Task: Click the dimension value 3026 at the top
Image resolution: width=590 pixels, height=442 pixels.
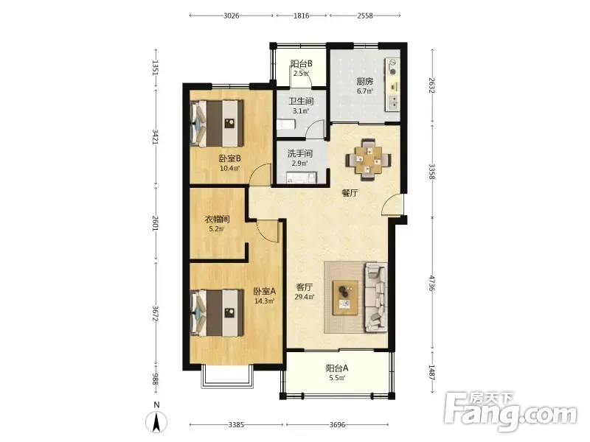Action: point(232,15)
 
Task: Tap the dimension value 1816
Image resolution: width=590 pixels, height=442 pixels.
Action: point(302,15)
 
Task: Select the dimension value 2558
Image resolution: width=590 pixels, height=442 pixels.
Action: point(365,15)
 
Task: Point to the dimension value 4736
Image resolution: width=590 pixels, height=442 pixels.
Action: point(431,283)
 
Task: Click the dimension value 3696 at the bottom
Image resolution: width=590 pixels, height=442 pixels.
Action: point(337,425)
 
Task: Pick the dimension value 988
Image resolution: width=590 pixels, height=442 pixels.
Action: point(155,379)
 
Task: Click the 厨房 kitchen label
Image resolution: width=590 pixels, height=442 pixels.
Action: point(364,81)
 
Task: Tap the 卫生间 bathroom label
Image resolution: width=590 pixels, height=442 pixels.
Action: point(301,102)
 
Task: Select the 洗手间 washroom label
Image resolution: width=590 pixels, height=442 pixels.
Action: point(300,154)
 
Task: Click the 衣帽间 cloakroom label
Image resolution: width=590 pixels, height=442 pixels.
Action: point(217,219)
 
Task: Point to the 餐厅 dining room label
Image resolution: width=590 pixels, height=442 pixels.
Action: point(350,193)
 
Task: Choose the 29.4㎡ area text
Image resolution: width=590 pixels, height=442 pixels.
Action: point(305,297)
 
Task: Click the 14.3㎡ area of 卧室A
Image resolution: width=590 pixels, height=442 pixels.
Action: point(265,301)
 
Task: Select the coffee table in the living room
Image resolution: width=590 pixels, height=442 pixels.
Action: point(345,298)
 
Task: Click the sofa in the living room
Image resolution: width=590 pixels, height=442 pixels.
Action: point(375,297)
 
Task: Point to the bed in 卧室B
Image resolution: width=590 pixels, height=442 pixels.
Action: point(217,123)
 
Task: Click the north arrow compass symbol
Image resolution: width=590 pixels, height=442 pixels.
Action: point(156,421)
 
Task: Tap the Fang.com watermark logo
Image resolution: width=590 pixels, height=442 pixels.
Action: point(510,413)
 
